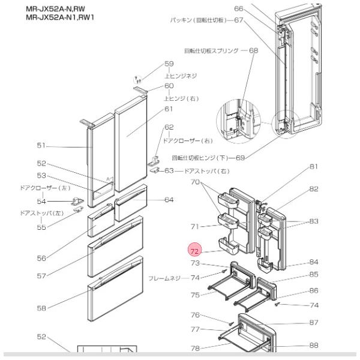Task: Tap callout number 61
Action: pyautogui.click(x=169, y=109)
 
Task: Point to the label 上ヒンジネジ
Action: pyautogui.click(x=181, y=76)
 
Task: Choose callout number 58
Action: pyautogui.click(x=41, y=308)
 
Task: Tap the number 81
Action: pyautogui.click(x=313, y=167)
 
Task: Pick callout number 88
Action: pyautogui.click(x=313, y=345)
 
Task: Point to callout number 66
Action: pyautogui.click(x=239, y=8)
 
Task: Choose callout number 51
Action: pyautogui.click(x=41, y=146)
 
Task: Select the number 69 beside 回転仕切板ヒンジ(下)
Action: pyautogui.click(x=240, y=158)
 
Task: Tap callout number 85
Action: pyautogui.click(x=313, y=275)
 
